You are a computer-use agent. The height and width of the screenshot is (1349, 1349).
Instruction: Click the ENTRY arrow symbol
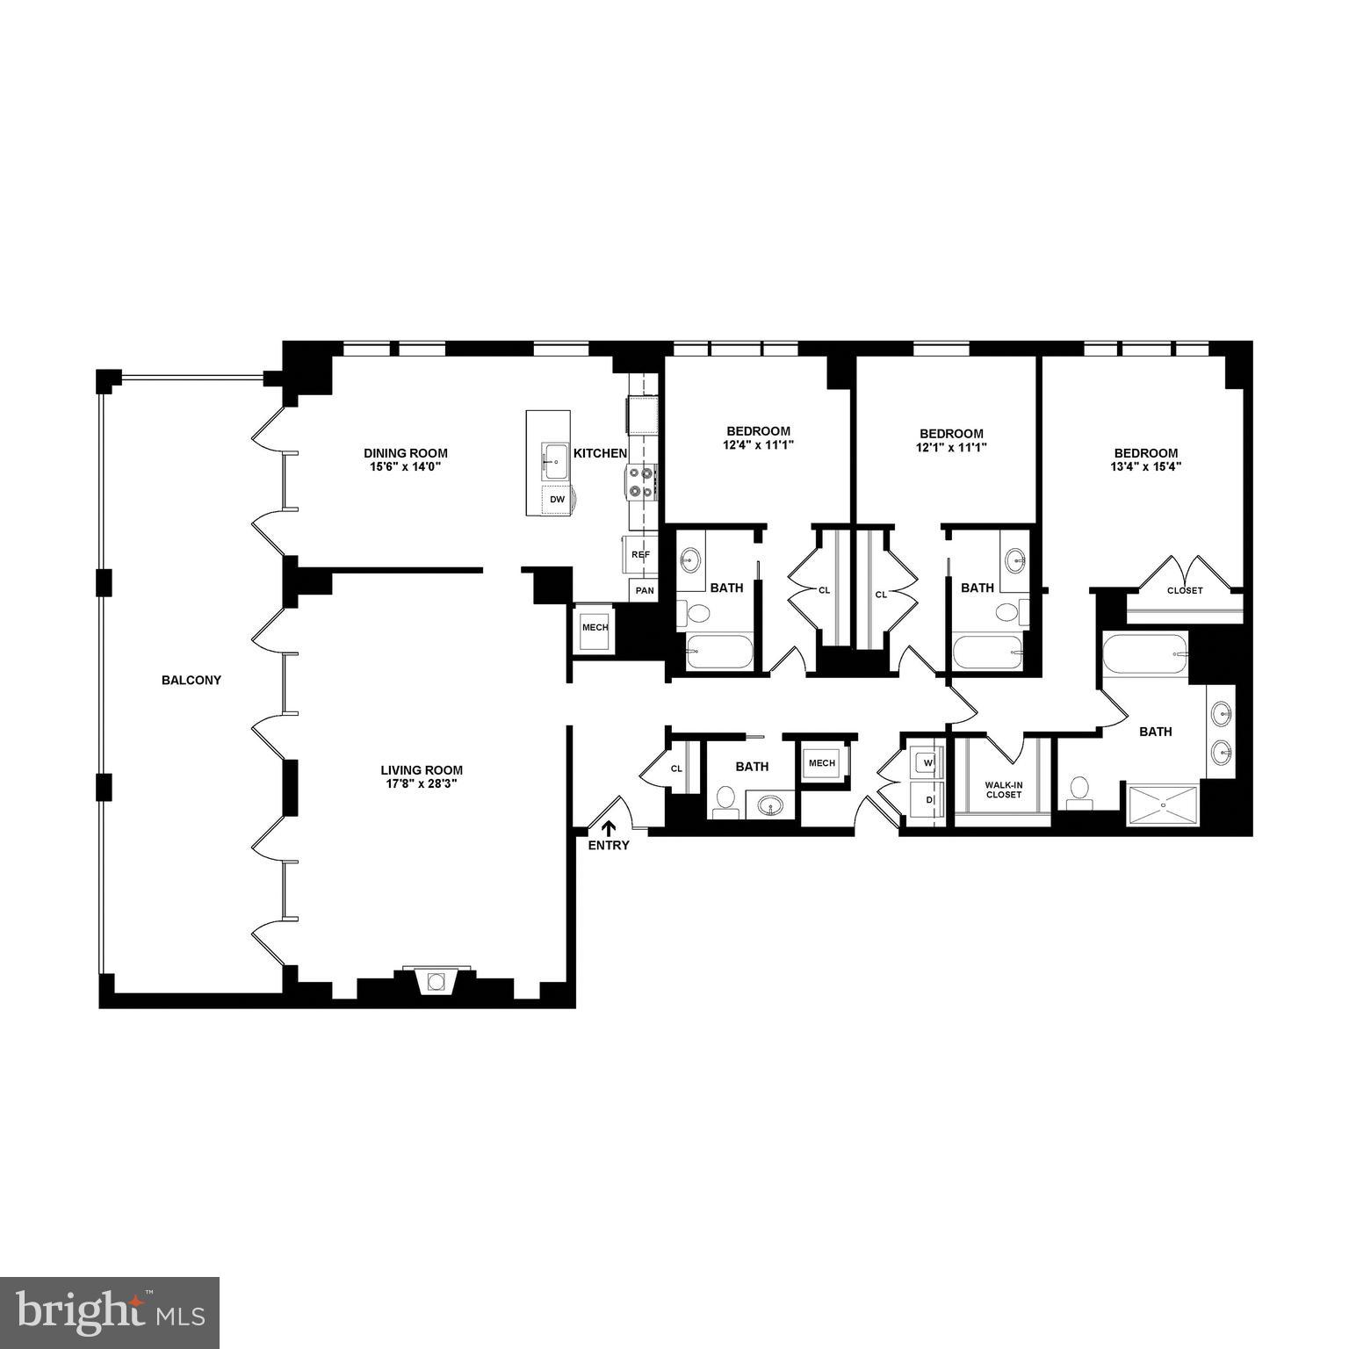[x=608, y=828]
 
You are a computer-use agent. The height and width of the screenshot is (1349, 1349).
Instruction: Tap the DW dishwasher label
[x=558, y=499]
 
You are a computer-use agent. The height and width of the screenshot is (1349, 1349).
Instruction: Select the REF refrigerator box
[x=641, y=554]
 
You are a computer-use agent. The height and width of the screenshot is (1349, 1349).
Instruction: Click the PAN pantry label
[x=645, y=590]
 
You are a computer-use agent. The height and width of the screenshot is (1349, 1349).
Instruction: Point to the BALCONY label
[x=191, y=680]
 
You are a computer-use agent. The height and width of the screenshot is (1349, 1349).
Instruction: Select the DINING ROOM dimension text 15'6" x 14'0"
[x=405, y=466]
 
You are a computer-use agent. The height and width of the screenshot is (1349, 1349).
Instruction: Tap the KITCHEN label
[x=600, y=453]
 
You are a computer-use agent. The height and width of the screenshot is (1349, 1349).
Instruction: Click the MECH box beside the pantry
[x=595, y=628]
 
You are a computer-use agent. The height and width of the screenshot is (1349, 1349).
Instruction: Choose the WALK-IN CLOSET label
[x=1003, y=789]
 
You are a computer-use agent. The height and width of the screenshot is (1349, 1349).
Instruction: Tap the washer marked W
[x=926, y=763]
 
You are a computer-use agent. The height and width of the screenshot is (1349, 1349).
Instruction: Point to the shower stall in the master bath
[x=1163, y=804]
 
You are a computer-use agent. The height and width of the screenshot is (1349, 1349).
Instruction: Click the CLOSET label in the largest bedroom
[x=1185, y=590]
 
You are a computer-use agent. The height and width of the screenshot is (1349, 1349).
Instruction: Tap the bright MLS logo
[x=110, y=1311]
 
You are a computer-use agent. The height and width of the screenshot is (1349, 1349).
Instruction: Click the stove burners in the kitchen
[x=641, y=483]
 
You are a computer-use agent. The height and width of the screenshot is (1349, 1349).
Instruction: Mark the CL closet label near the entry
[x=676, y=768]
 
